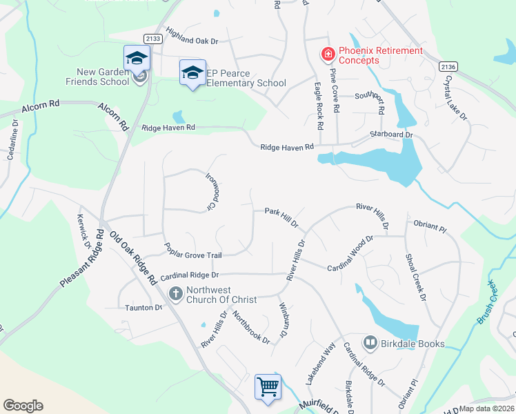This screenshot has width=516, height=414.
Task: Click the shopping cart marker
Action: coord(268,386)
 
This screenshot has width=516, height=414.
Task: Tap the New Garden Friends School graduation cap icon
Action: coord(137,58)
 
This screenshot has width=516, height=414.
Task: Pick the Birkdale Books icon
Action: coord(370,343)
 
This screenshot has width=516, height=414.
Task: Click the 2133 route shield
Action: coord(153,39)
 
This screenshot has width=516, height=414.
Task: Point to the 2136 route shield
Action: coord(448,66)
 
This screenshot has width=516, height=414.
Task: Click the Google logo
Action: coord(23,405)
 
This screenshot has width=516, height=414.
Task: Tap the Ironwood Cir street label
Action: coord(215,192)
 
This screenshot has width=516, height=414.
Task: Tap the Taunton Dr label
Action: coord(143,308)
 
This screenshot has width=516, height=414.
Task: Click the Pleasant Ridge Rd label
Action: coord(81,262)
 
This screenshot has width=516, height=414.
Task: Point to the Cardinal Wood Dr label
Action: coord(350,254)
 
